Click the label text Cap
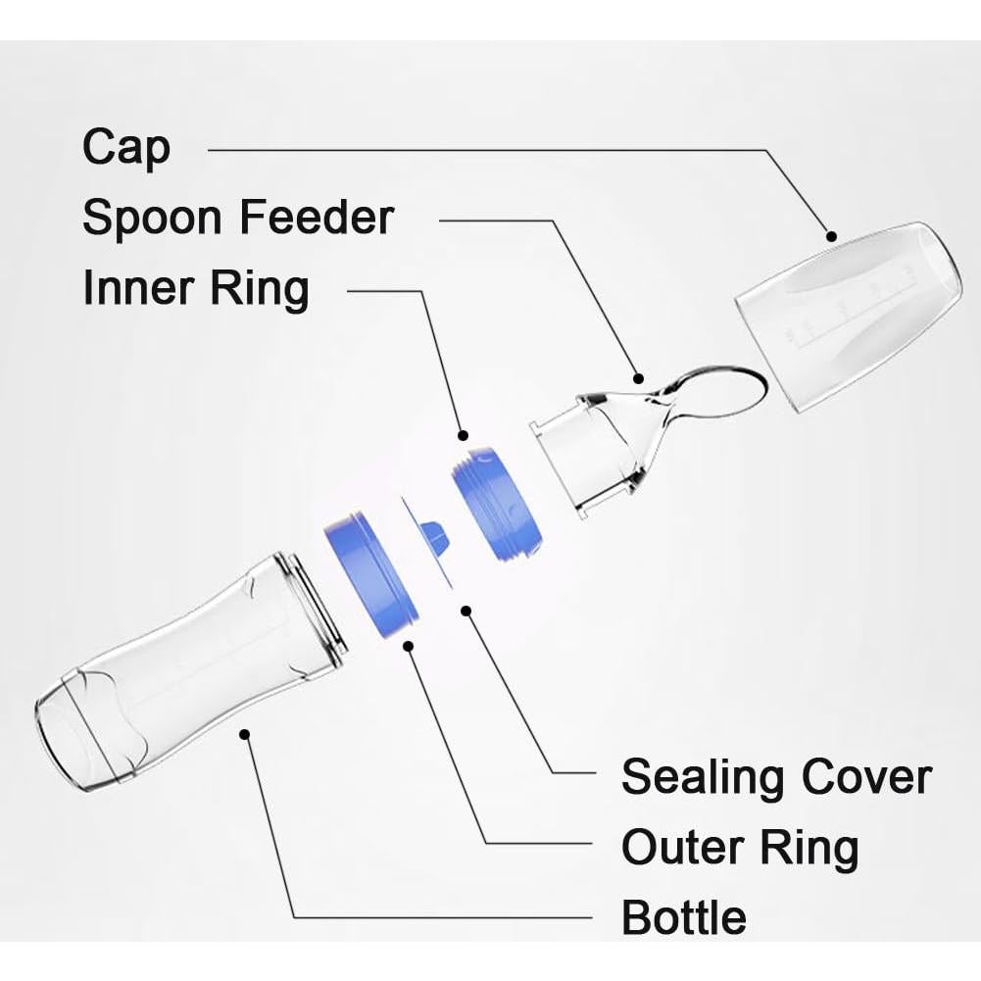click(126, 148)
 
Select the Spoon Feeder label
click(237, 218)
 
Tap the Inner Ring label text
click(196, 289)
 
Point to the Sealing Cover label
click(775, 776)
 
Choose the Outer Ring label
click(739, 847)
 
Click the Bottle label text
click(683, 918)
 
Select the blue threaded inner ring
click(496, 505)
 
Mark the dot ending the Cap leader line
click(831, 236)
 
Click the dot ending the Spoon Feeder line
click(638, 376)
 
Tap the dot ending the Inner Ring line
click(463, 434)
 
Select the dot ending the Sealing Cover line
click(466, 611)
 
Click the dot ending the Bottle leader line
click(245, 732)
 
